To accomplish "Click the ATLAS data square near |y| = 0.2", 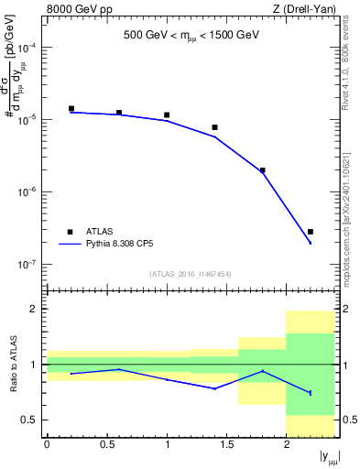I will click(x=71, y=108).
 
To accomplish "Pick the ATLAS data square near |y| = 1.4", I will click(x=214, y=127).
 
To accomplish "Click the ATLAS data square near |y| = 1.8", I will click(x=263, y=170).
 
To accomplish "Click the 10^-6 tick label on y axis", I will click(x=27, y=192).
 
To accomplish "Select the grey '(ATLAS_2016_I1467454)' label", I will click(x=191, y=274).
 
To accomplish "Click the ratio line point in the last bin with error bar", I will click(x=311, y=393).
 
